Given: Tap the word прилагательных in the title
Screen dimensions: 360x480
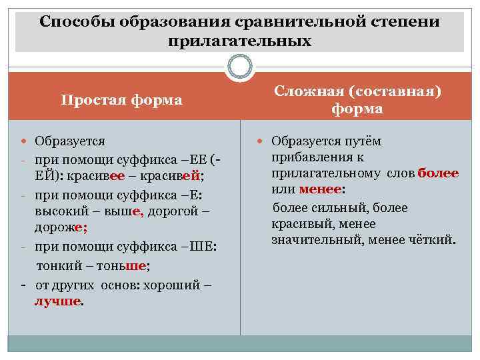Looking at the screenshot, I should (x=240, y=41).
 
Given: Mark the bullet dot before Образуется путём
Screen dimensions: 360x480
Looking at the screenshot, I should (x=261, y=141).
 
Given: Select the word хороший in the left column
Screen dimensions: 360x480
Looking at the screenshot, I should (x=172, y=285).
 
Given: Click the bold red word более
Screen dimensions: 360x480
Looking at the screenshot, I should (x=437, y=173).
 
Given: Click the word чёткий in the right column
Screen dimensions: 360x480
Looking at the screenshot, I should (x=433, y=238).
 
